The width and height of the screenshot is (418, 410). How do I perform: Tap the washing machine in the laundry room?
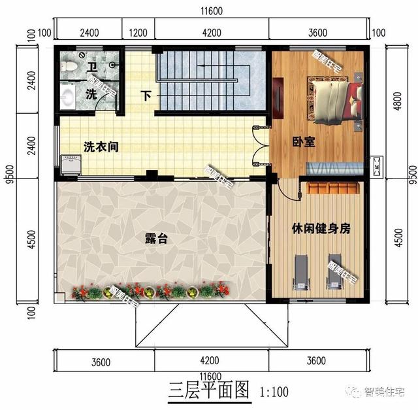pyautogui.click(x=70, y=164)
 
